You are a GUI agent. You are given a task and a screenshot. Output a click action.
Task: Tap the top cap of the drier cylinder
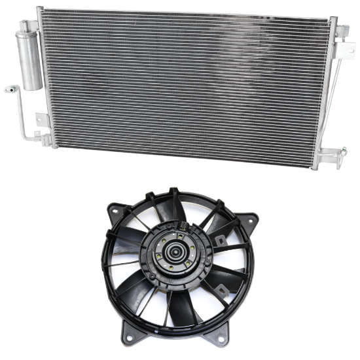(x=29, y=26)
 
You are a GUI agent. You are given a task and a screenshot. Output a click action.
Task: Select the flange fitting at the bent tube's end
(x=9, y=87)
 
